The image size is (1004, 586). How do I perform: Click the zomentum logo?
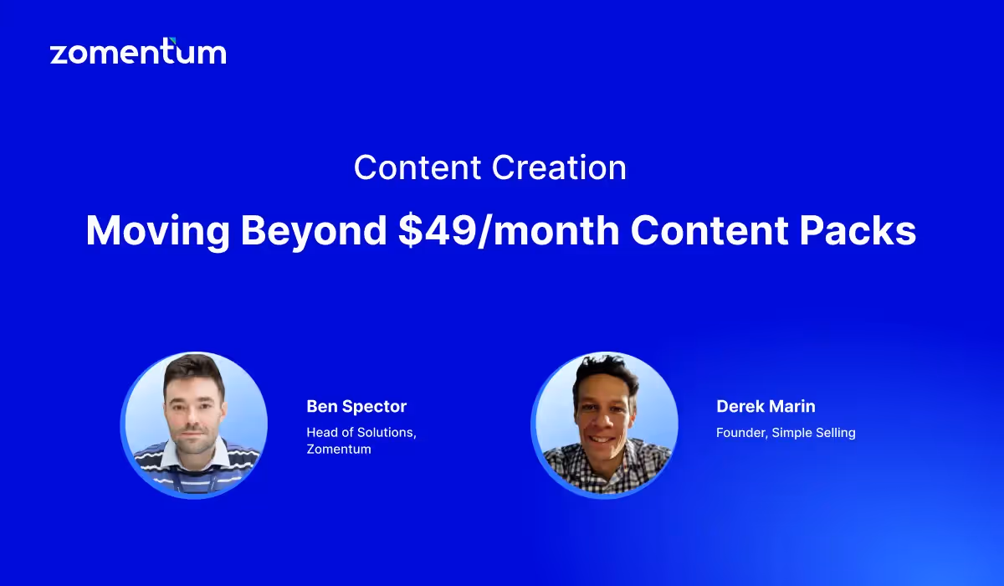point(138,53)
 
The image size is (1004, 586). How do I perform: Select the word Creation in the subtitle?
point(559,167)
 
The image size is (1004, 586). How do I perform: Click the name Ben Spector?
point(356,407)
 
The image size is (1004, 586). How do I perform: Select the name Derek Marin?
point(766,407)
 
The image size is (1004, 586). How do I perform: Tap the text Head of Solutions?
point(361,432)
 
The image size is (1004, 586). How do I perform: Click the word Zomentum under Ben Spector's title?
point(339,450)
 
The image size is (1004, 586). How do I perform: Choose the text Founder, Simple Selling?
point(786,433)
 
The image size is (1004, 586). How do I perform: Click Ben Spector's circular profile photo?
point(194,425)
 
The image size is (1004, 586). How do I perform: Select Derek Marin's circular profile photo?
point(604,425)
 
